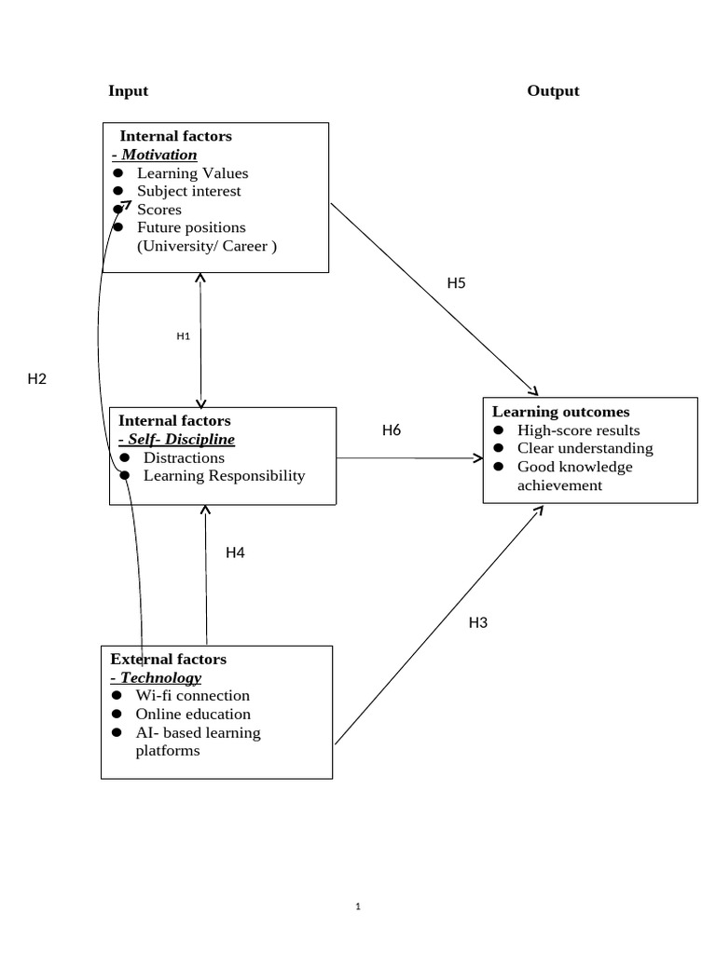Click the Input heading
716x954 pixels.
coord(128,90)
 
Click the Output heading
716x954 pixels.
coord(553,90)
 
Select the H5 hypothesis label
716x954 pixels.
coord(455,283)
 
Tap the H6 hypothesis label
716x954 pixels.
coord(392,429)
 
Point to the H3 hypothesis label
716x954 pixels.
coord(477,623)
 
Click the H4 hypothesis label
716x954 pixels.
coord(235,552)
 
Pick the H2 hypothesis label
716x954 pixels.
coord(36,378)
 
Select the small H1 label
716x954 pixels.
coord(183,335)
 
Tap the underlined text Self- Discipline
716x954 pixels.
coord(176,439)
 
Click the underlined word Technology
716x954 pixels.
coord(160,677)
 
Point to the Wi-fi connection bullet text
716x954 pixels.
coord(192,695)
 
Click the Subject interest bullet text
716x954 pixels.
coord(188,191)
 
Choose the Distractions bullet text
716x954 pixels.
coord(184,457)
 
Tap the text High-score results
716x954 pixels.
coord(578,429)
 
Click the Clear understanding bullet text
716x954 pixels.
coord(585,448)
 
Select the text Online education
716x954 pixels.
coord(192,714)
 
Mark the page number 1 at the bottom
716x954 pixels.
coord(358,906)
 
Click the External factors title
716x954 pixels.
coord(168,659)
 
